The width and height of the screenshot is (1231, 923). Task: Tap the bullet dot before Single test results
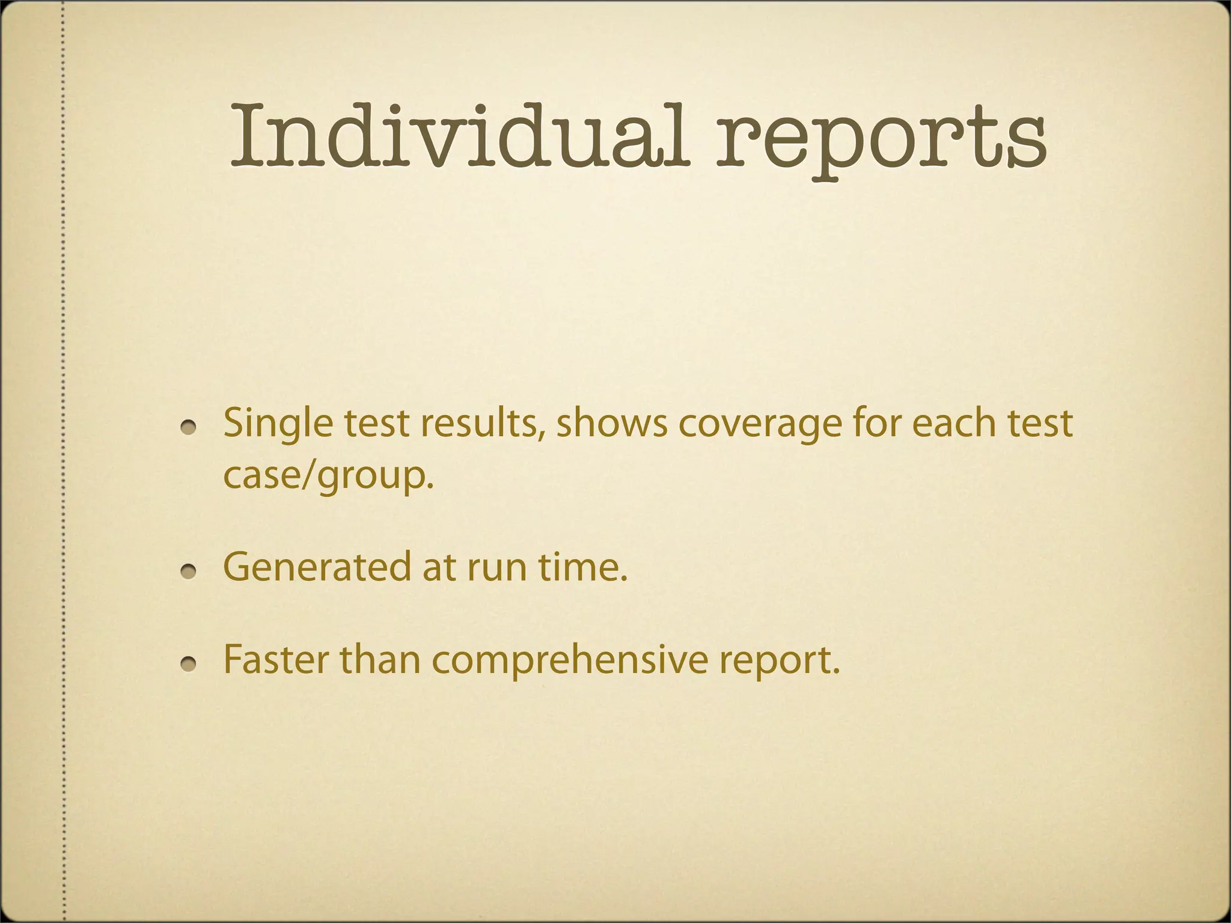(x=189, y=425)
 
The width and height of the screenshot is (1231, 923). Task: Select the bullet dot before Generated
(x=189, y=570)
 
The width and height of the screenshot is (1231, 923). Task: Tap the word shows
(x=611, y=423)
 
